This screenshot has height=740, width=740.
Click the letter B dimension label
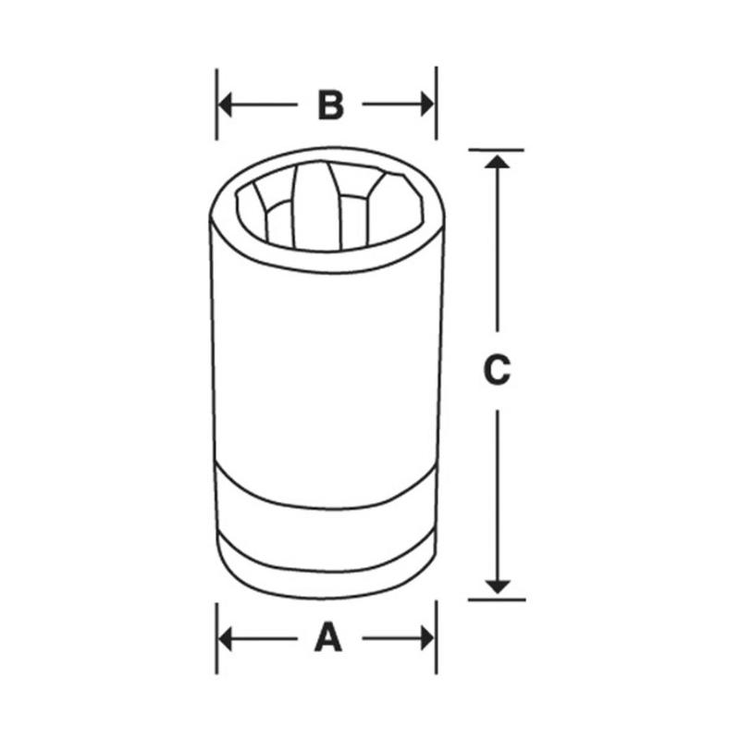coord(330,105)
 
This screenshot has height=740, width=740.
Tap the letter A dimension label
coord(327,638)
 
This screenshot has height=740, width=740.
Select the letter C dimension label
coord(497,370)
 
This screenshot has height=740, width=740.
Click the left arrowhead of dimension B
coord(226,105)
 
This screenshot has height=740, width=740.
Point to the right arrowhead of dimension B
coord(426,105)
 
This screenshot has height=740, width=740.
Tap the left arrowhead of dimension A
coord(226,638)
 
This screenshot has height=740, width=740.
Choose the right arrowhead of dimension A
coord(426,638)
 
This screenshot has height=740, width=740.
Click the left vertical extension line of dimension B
coord(216,92)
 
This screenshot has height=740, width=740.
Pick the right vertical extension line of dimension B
coord(436,92)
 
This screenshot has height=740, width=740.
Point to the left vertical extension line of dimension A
coord(216,647)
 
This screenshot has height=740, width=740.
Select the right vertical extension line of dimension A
coord(436,647)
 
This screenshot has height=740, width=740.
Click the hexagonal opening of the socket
coord(328,208)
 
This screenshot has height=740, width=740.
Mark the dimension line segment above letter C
coord(498,250)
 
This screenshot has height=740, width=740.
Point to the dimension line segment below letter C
coord(498,490)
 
